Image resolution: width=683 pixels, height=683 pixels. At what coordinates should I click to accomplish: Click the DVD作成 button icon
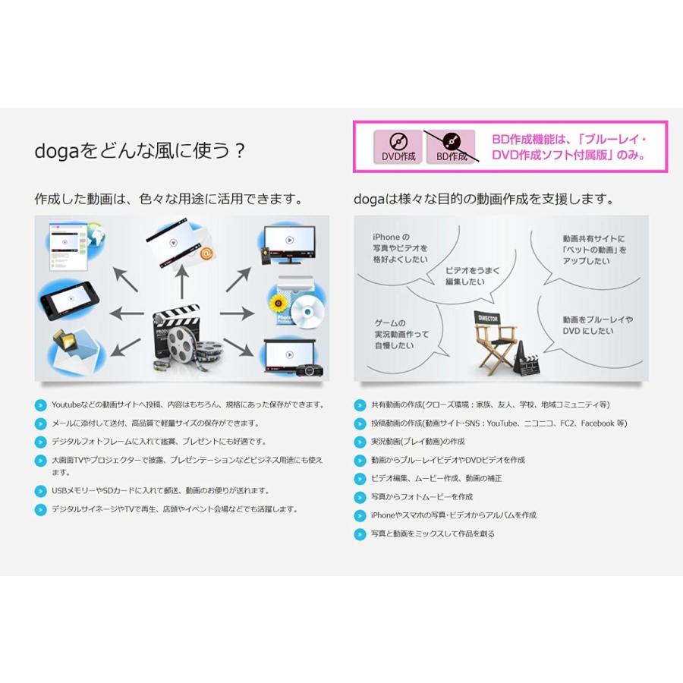point(398,146)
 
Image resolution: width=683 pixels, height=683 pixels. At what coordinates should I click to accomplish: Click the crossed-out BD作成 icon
point(451,146)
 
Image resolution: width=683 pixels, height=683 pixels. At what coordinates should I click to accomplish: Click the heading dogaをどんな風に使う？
point(140,150)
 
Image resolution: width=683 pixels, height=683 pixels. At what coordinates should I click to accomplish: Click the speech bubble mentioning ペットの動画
point(594,249)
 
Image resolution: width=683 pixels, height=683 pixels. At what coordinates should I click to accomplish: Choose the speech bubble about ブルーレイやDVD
point(597,325)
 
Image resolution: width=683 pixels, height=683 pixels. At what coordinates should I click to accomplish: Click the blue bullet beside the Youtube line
point(40,404)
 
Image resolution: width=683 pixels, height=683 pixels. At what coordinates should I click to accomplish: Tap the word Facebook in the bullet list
point(596,423)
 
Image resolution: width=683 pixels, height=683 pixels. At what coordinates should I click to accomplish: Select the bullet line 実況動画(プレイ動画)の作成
point(417,442)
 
